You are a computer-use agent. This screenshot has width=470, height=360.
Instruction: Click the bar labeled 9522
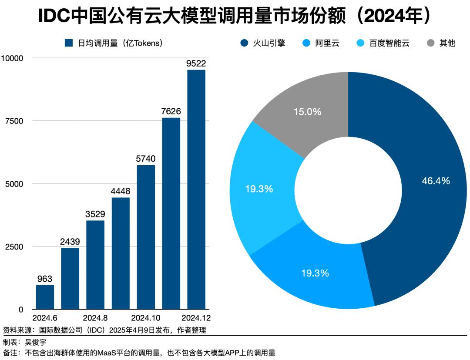196,189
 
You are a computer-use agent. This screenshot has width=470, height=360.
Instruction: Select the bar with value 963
45,297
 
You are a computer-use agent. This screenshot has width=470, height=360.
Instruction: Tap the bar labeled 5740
146,237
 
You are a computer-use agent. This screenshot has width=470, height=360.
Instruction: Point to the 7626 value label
171,111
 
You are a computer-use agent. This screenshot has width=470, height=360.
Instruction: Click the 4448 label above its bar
121,191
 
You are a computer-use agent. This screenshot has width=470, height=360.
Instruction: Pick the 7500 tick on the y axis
14,121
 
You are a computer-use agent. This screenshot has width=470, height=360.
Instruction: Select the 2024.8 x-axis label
95,317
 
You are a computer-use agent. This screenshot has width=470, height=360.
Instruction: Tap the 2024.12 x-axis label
196,317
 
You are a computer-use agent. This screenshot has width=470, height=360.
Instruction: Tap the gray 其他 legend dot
431,43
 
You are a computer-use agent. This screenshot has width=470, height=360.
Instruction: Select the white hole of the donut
348,189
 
